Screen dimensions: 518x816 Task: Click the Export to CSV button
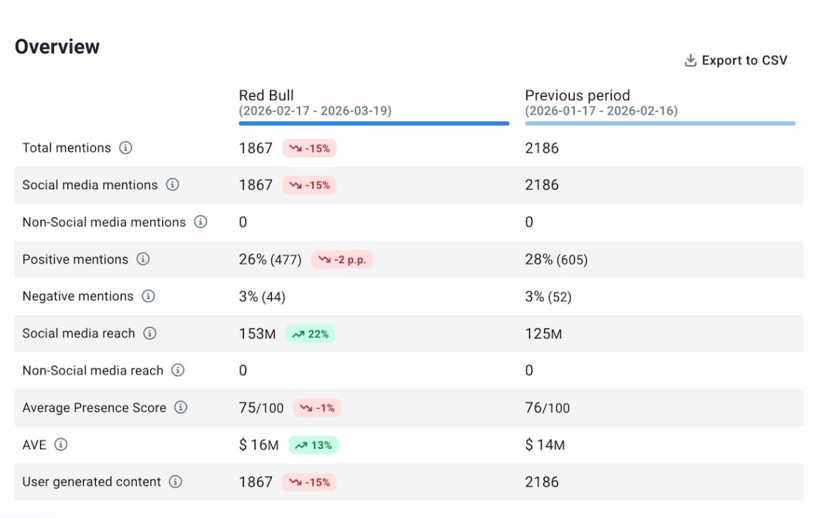point(736,61)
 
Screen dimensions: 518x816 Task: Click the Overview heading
point(57,47)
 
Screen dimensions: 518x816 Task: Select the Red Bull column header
point(266,95)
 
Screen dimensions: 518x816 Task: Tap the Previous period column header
point(578,95)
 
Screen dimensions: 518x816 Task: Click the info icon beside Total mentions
point(126,148)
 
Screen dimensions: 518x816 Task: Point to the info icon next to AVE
point(62,445)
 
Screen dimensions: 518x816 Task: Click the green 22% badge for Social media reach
point(310,334)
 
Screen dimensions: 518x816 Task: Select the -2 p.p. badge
point(342,260)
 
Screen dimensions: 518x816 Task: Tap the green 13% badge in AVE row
point(314,445)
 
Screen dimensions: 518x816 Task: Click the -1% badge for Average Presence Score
point(317,408)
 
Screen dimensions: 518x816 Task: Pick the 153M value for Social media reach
point(257,333)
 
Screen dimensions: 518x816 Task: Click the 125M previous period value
point(543,333)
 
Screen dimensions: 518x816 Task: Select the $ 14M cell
point(545,445)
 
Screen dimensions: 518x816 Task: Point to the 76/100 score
point(548,408)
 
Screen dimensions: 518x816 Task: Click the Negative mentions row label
point(78,296)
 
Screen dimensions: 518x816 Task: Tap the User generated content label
point(92,482)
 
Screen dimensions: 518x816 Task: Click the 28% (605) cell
point(556,260)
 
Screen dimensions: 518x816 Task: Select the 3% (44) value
point(262,296)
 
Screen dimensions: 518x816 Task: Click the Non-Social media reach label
point(93,371)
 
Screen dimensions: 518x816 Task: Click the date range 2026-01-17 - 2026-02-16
point(601,111)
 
